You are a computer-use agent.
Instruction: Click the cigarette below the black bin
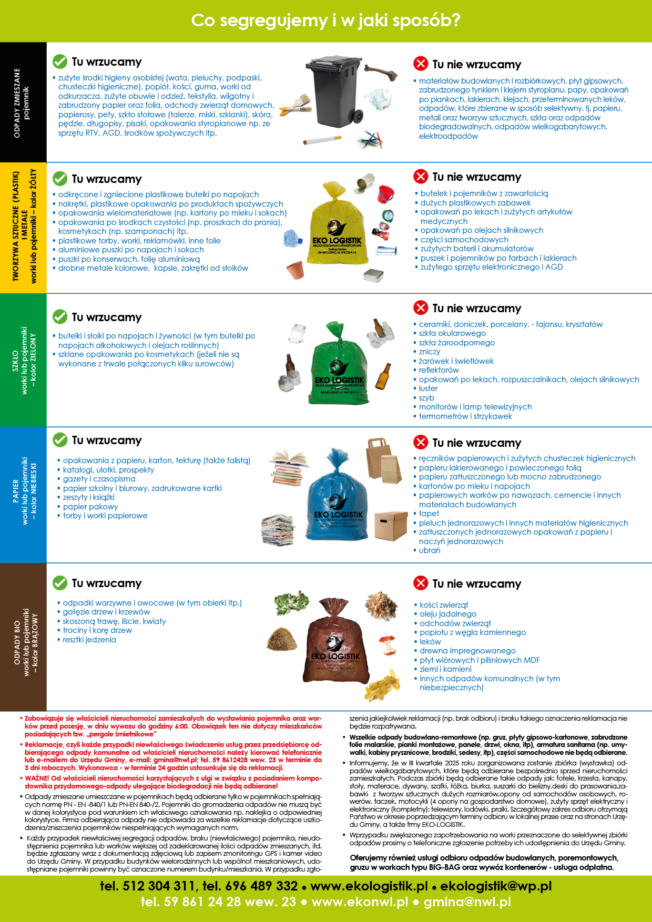tap(321, 140)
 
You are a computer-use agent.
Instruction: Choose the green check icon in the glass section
tap(60, 317)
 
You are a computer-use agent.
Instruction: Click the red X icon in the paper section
tap(421, 442)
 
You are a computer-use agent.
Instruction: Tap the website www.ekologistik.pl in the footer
tap(369, 886)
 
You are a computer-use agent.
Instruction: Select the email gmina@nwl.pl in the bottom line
tap(467, 902)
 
